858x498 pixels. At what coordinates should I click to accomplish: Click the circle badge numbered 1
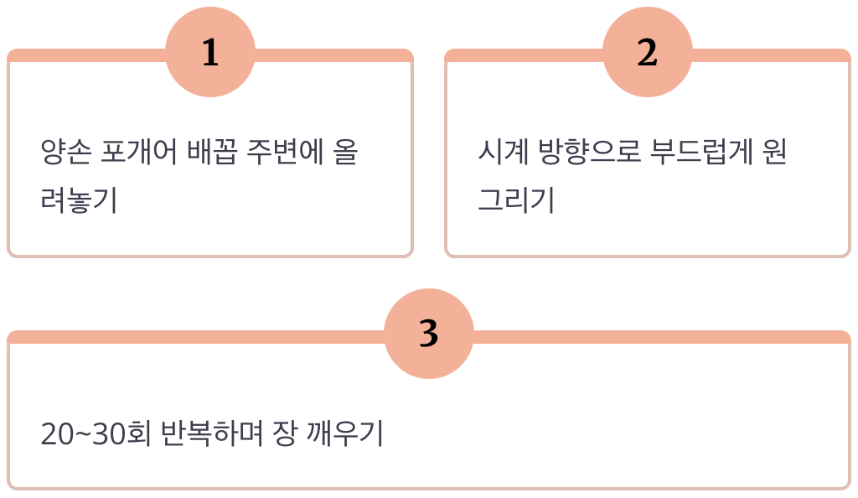pos(210,52)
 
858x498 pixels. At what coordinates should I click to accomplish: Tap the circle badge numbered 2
pos(648,52)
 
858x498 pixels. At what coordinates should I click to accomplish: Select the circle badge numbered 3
pos(429,334)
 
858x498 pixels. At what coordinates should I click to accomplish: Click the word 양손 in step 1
pos(65,153)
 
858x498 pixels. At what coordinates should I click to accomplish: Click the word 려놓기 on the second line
pos(79,200)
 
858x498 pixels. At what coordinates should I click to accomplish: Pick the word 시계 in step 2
pos(500,153)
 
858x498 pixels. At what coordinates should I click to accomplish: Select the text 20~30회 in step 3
pos(92,434)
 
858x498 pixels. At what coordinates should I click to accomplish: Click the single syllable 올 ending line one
pos(344,153)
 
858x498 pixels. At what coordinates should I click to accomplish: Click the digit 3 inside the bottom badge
pos(429,334)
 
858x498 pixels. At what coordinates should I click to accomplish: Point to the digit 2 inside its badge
pos(648,52)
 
